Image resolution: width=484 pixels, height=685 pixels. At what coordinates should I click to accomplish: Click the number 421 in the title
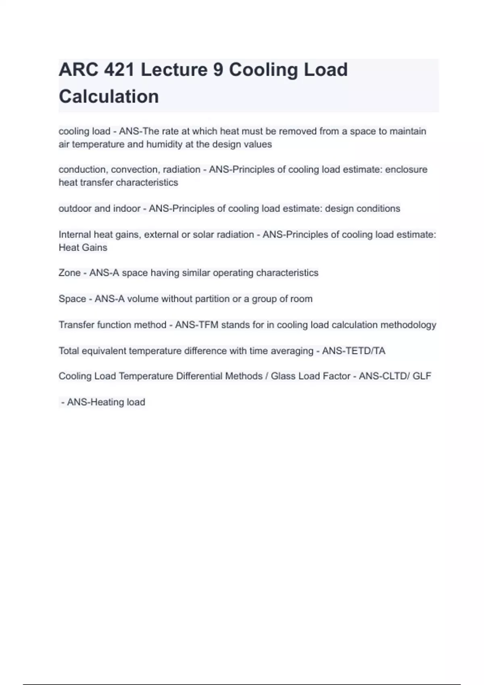[119, 70]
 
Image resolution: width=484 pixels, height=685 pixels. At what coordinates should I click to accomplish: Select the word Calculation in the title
[109, 97]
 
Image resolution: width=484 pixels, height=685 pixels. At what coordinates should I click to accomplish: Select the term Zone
[69, 273]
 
